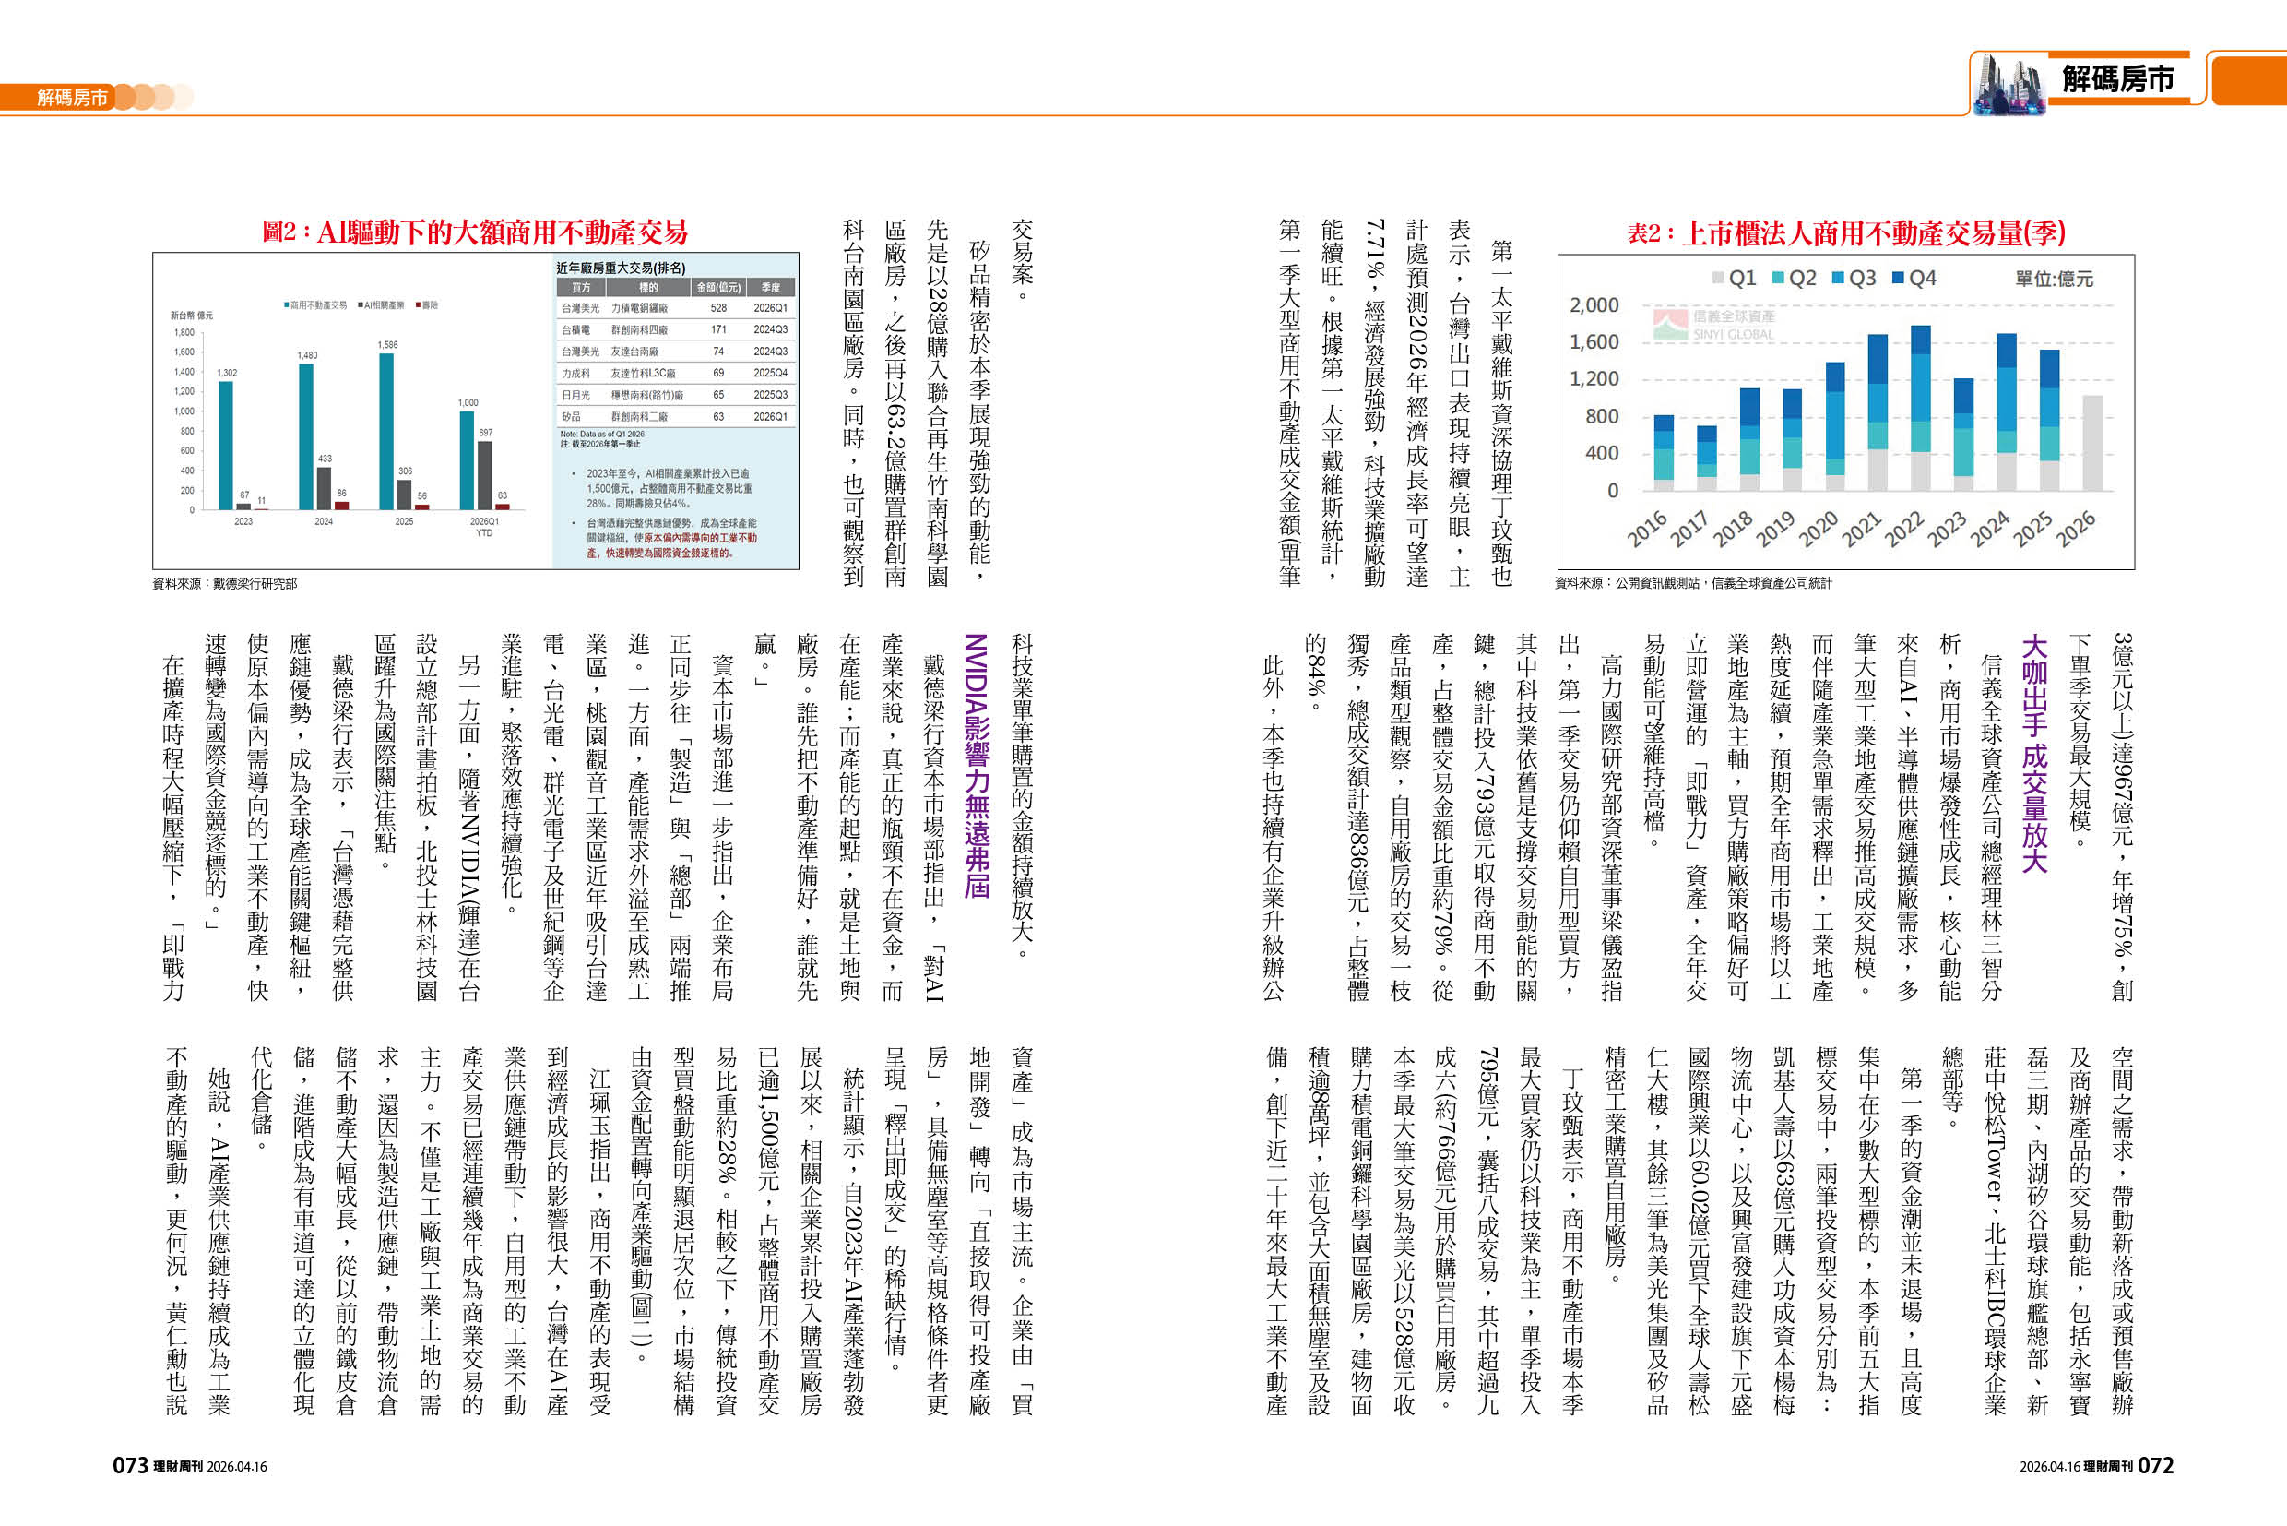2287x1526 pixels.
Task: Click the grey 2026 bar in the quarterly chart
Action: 2091,443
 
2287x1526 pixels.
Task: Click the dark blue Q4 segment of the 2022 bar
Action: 1920,339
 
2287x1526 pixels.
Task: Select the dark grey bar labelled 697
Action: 484,475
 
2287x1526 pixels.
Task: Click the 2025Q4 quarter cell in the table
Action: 770,373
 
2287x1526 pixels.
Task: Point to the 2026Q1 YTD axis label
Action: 483,527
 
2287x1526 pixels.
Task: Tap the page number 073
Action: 130,1466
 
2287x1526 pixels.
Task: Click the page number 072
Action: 2156,1466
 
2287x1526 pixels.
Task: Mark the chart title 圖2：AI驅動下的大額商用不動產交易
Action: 475,232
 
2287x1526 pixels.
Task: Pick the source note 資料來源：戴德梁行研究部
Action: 225,584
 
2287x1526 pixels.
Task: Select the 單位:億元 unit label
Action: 2054,280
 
